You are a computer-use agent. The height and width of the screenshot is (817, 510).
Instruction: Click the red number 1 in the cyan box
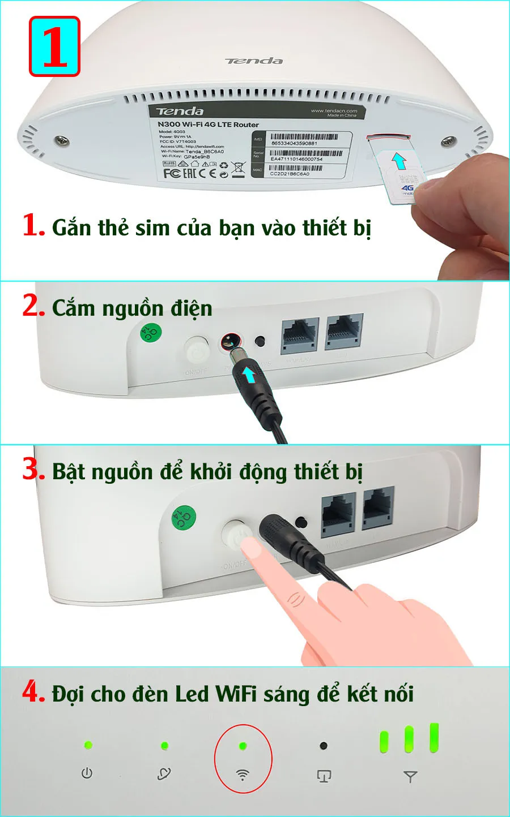click(54, 46)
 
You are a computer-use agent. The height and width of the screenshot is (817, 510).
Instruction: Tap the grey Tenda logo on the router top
click(254, 61)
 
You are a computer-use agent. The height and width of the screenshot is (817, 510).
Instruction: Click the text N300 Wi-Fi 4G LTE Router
click(208, 124)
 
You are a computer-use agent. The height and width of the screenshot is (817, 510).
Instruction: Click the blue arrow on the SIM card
click(399, 161)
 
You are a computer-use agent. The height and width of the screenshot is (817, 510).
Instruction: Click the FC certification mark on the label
click(172, 173)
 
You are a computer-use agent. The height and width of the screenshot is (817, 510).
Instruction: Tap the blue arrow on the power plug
click(248, 374)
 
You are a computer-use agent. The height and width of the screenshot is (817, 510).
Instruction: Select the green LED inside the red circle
click(243, 746)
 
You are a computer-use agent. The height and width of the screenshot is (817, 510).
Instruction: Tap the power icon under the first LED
click(87, 773)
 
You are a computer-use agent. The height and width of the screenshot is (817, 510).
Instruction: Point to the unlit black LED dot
click(324, 746)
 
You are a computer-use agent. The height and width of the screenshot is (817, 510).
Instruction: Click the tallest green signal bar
click(434, 737)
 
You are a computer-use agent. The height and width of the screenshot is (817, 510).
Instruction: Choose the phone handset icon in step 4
click(164, 773)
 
